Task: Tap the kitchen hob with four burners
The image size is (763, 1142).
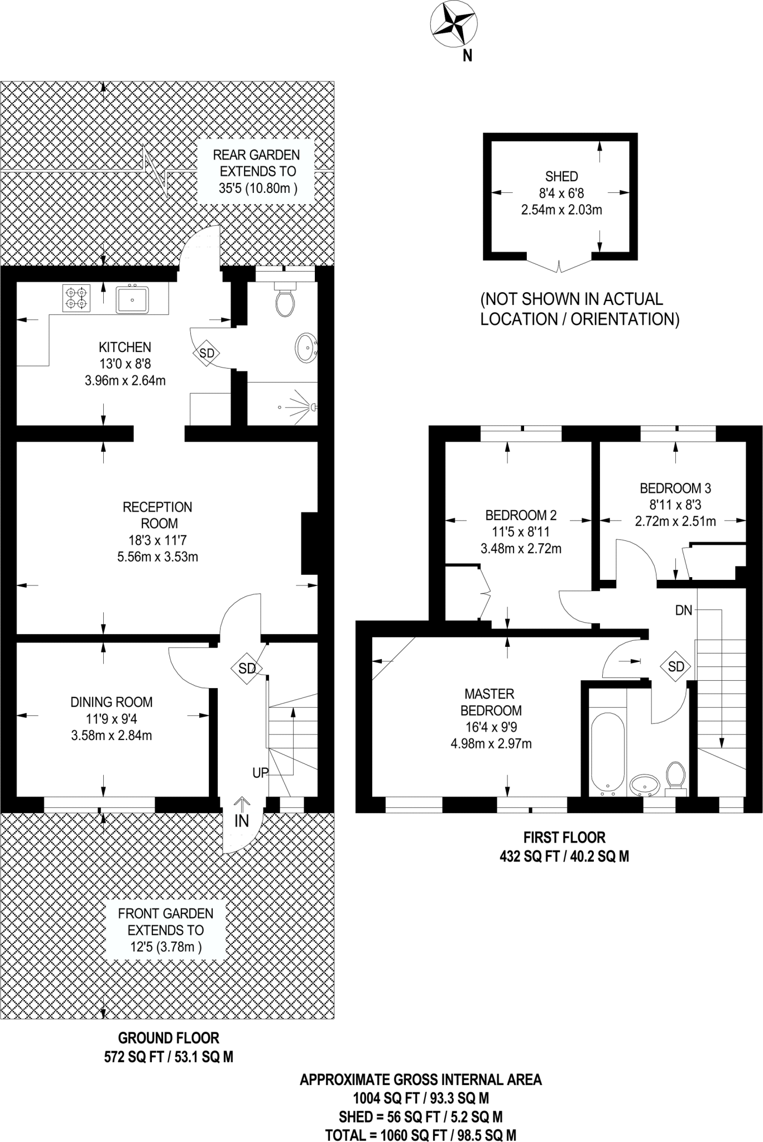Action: (x=76, y=297)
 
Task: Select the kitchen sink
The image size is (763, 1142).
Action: (x=132, y=299)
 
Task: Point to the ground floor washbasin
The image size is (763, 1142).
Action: (x=306, y=348)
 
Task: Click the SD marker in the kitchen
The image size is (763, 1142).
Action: (x=207, y=353)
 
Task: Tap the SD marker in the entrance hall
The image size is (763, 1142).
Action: (x=247, y=668)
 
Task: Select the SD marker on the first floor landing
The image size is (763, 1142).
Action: (x=676, y=666)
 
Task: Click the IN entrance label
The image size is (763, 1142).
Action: (x=242, y=820)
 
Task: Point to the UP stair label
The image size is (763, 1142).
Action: (x=261, y=773)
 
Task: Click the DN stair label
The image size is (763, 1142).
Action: (x=684, y=611)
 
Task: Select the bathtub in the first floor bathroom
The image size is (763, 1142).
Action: (x=607, y=753)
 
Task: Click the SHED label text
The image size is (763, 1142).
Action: (x=562, y=177)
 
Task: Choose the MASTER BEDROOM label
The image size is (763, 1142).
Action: (x=491, y=702)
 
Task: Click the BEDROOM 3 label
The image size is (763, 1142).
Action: (x=675, y=488)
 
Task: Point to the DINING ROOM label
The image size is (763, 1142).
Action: (x=112, y=702)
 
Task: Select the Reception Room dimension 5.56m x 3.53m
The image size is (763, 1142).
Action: (x=157, y=557)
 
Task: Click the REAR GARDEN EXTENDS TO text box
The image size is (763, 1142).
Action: (x=257, y=171)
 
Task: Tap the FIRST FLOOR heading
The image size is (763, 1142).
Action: (x=564, y=838)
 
